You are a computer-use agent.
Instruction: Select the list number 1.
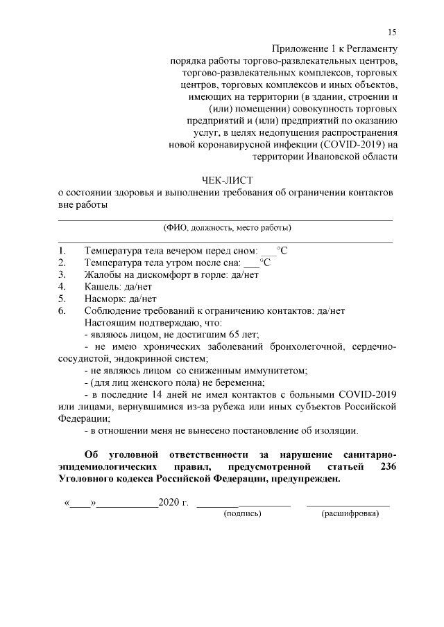tap(62, 250)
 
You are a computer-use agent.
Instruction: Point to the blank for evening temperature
tap(268, 251)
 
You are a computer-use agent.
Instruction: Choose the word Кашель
tap(104, 286)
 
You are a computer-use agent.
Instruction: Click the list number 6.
tap(62, 310)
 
